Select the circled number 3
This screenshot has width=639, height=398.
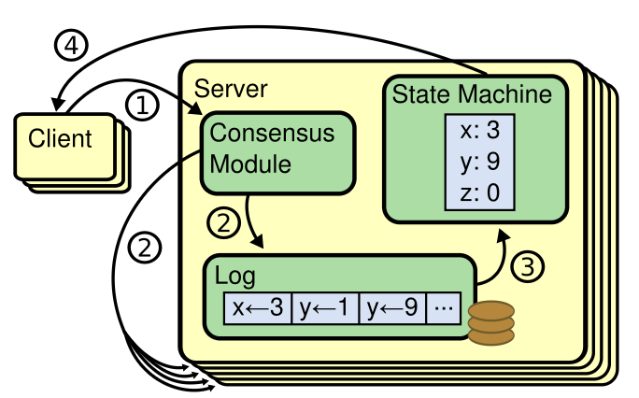coord(528,266)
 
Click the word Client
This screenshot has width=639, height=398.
coord(61,139)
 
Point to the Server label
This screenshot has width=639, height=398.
coord(231,89)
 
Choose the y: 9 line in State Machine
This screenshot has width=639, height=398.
coord(480,162)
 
